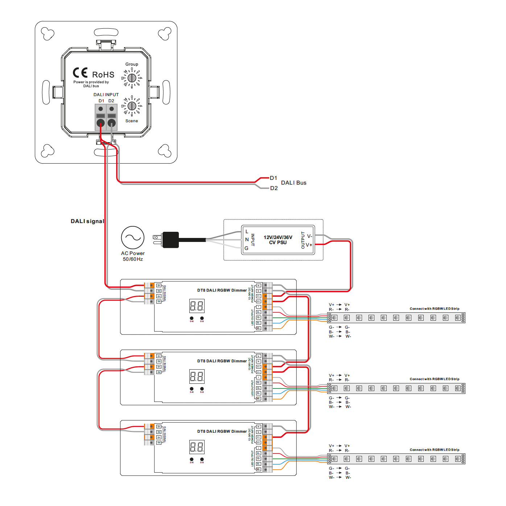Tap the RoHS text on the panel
103,75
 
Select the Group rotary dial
132,78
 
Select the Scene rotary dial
132,106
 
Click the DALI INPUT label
106,95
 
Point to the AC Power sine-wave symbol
133,238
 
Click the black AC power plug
170,240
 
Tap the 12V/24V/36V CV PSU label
278,240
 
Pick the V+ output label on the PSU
309,245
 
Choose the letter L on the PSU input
247,231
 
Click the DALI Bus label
294,183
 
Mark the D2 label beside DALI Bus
274,188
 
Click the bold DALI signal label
87,221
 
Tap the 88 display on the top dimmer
197,306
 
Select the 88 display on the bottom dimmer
197,447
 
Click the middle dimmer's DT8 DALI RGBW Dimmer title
222,361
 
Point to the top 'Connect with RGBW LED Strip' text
435,309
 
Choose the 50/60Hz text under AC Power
133,259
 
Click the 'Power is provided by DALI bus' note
91,84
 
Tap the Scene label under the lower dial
132,121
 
